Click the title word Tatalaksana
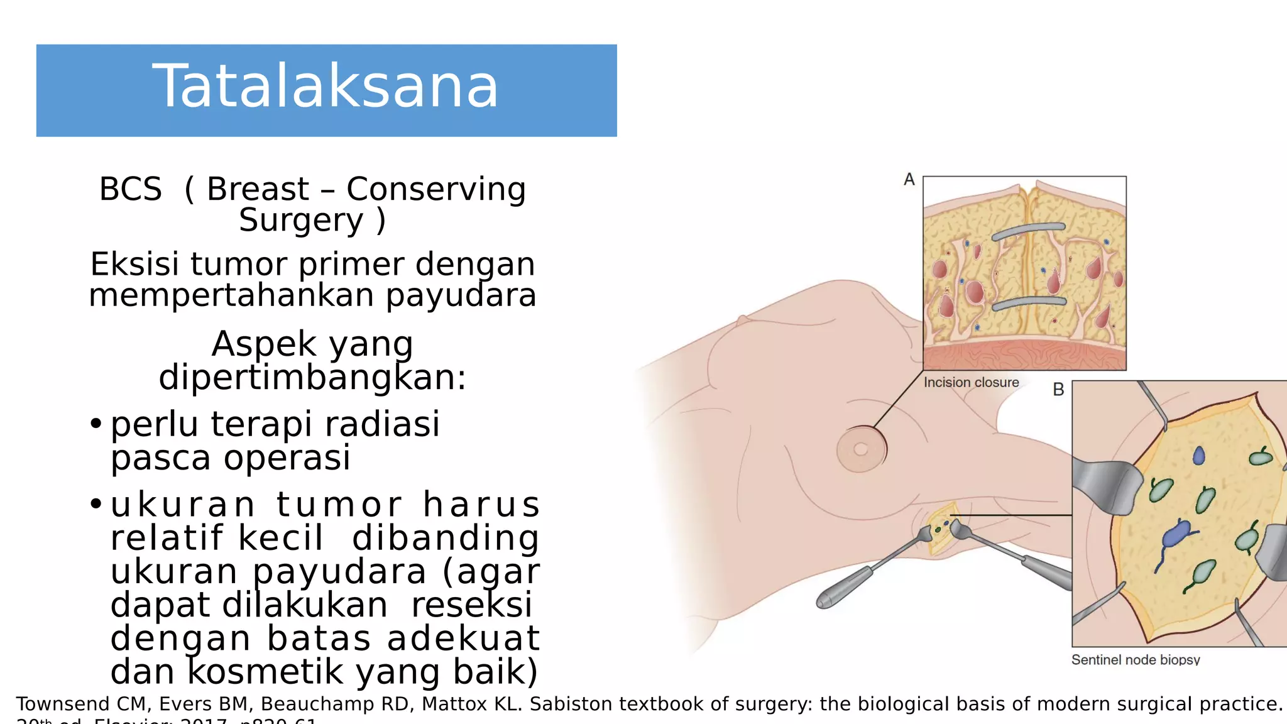coord(326,87)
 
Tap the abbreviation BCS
coord(131,189)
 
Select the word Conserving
coord(436,189)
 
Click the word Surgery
coord(301,221)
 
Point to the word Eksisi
coord(135,264)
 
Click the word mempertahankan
coord(232,295)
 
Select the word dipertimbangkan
coord(312,378)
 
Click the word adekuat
coord(463,638)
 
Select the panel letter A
coord(909,180)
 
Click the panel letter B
coord(1058,390)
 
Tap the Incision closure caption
coord(971,382)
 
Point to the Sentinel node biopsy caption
coord(1135,660)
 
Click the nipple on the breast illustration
coord(861,449)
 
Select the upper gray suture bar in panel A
coord(1028,231)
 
